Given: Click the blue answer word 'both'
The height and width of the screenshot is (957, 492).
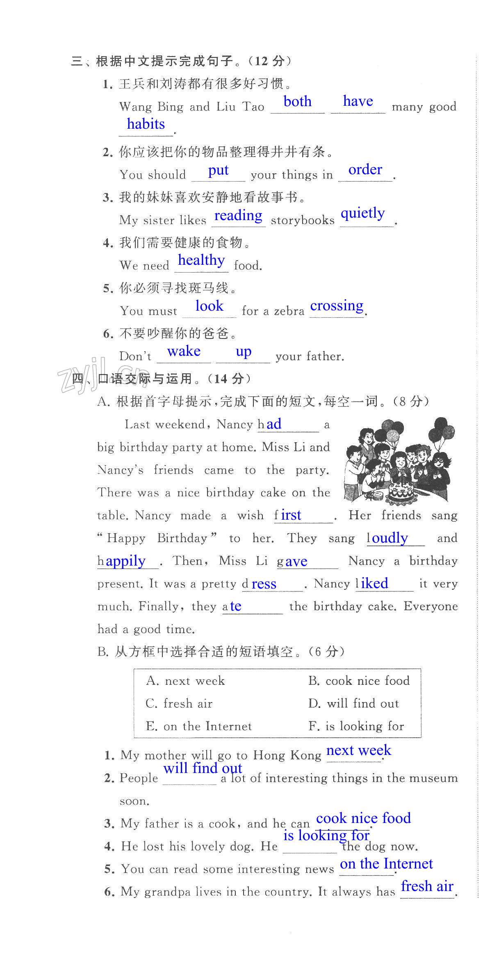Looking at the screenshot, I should point(298,101).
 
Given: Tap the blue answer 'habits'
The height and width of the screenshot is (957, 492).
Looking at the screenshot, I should point(146,124).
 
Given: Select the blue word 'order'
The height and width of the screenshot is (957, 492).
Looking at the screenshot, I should point(365,169).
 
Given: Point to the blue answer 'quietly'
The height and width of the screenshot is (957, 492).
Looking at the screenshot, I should point(363,214).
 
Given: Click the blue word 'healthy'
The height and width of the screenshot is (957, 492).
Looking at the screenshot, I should point(201,260).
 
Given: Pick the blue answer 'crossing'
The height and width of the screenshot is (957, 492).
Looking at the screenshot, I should point(337,306).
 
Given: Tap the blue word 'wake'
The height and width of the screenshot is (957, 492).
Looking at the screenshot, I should point(184,351).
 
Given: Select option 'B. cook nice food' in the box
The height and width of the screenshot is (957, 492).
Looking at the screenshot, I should point(359,681).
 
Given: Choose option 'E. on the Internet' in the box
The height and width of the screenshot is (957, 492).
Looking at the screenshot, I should point(199,726).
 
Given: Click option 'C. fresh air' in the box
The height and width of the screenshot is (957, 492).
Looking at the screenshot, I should point(179,704).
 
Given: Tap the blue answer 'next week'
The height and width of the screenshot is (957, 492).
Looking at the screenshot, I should point(358,750).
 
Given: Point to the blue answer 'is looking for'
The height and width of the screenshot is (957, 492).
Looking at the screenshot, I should point(326,835).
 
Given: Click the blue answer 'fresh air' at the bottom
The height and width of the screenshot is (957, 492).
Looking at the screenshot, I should point(427,886).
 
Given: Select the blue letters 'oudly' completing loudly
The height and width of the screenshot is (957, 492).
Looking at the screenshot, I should point(389,538).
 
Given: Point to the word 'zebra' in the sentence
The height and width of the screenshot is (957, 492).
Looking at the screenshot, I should point(289,311).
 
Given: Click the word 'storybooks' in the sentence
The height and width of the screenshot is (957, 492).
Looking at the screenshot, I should point(303,220).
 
